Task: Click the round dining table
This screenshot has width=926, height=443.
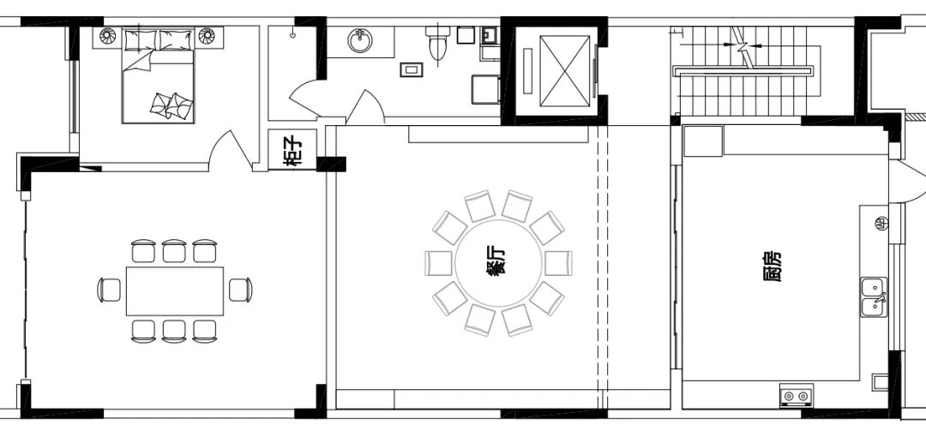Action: coord(498,263)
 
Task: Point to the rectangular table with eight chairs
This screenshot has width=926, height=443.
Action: coord(175,290)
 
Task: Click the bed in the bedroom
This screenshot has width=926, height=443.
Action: coord(159,75)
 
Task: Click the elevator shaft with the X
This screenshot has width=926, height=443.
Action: coord(564,71)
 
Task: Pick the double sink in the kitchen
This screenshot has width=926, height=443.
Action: coord(874,297)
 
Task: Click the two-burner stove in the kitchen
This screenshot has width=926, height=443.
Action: coord(797,396)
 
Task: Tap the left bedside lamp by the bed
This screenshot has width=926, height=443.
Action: coord(107,36)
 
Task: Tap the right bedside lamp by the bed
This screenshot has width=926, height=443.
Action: coord(207,36)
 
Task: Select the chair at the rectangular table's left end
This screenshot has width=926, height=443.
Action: coord(109,290)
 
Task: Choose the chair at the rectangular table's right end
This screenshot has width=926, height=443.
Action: coord(240,290)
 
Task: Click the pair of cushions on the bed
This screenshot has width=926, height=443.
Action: coord(171,105)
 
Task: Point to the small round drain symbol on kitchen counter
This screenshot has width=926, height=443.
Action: coord(881,223)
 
